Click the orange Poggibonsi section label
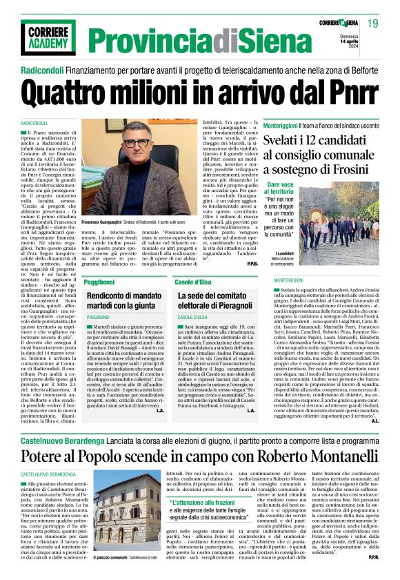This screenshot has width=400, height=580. pos(103,284)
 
